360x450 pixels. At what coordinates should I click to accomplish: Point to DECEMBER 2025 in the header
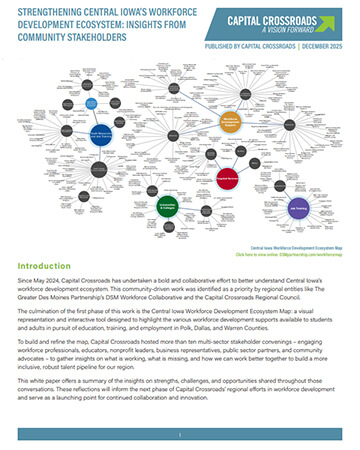coord(320,45)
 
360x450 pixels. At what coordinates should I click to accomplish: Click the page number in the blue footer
coord(180,437)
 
